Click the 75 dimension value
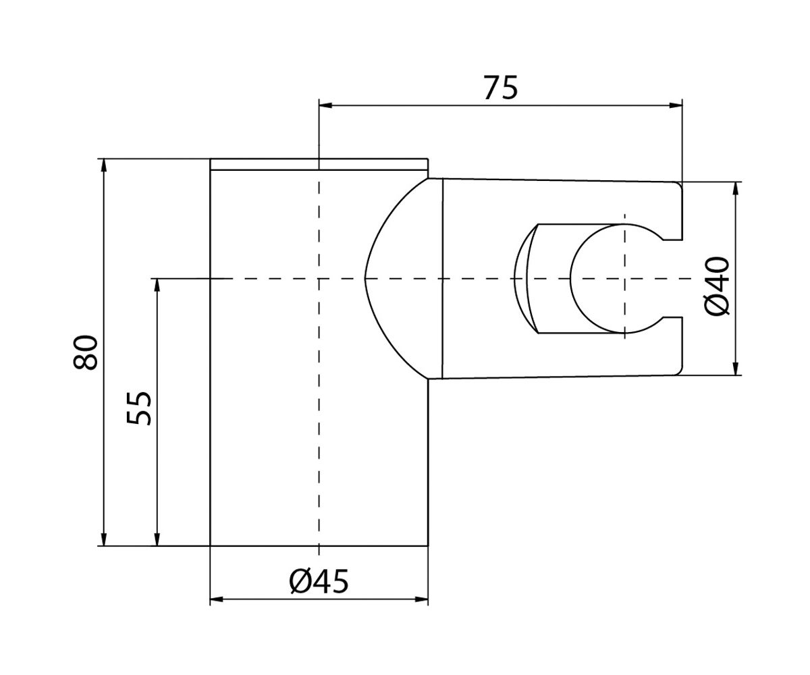click(500, 88)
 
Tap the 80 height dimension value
click(86, 352)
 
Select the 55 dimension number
click(139, 408)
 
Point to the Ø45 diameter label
click(319, 581)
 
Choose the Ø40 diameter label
click(717, 286)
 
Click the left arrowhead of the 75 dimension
click(325, 105)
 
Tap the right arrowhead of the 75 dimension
click(676, 105)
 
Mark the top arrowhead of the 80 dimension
click(103, 165)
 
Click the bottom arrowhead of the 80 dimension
click(103, 539)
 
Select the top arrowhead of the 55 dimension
click(157, 285)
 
